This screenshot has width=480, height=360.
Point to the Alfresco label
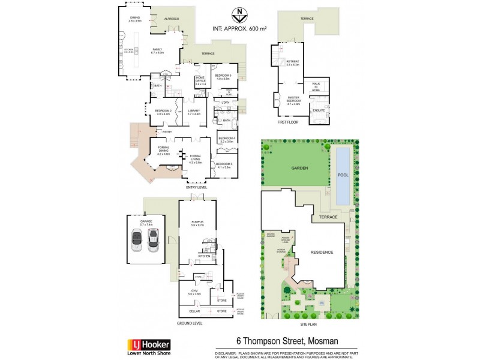(172, 19)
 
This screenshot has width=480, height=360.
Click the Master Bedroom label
(293, 101)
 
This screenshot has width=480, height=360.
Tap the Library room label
(193, 111)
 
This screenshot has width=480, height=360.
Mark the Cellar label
(195, 311)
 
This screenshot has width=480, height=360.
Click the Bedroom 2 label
(164, 111)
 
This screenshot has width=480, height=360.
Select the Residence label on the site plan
(322, 252)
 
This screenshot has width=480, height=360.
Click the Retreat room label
(293, 61)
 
